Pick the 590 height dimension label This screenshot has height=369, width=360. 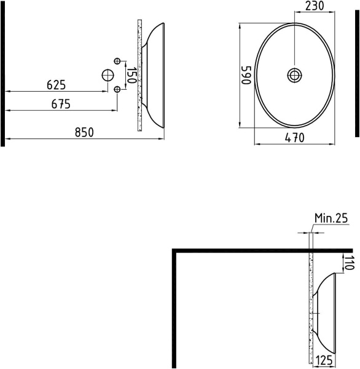[246, 76]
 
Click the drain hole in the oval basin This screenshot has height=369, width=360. [295, 75]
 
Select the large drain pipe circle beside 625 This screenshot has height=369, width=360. [108, 75]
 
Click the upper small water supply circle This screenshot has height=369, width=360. [117, 60]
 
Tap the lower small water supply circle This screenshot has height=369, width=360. [117, 90]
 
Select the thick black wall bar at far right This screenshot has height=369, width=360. [356, 74]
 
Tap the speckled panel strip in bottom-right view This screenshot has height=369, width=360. [311, 307]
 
